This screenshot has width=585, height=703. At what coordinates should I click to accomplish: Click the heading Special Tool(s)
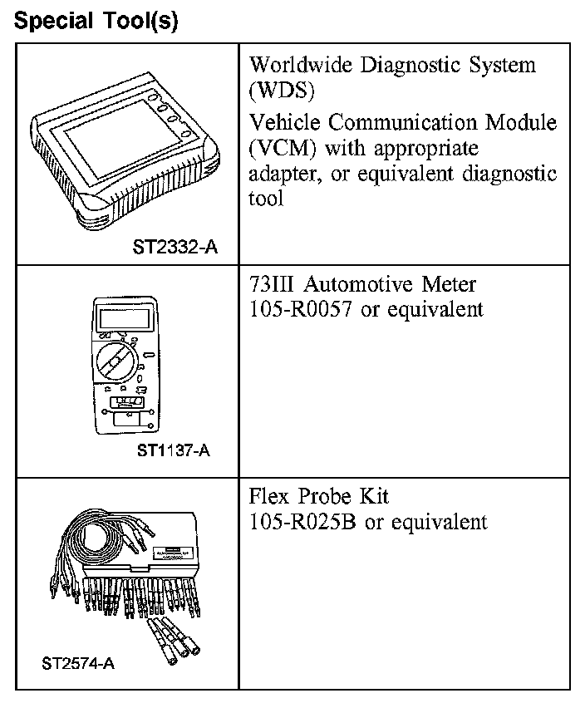pos(96,21)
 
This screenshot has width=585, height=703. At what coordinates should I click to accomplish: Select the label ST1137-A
pos(174,451)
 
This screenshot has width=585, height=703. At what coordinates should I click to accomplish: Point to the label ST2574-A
pos(80,664)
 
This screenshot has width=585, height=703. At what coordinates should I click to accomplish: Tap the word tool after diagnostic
pos(266,199)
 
